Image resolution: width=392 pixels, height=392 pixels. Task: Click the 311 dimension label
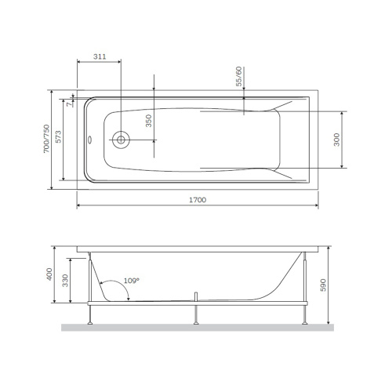[x=100, y=58]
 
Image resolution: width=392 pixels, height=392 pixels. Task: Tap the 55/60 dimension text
[x=238, y=76]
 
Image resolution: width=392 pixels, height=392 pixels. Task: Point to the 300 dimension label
[x=339, y=139]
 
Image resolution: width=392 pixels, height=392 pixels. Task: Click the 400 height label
[x=48, y=275]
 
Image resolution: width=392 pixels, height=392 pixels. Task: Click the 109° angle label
[x=130, y=280]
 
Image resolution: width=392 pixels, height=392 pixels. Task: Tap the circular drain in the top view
[x=122, y=141]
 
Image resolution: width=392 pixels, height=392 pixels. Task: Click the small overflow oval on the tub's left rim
[x=91, y=141]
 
